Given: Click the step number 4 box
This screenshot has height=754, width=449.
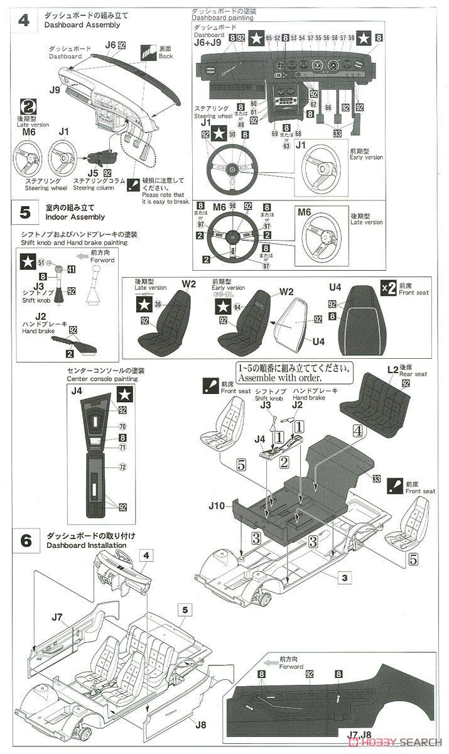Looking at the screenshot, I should (x=24, y=19).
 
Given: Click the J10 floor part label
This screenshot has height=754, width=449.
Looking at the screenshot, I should (x=224, y=504).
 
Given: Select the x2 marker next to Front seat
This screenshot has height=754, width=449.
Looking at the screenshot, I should (x=389, y=288).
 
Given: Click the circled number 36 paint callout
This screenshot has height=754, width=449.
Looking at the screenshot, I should (x=158, y=304).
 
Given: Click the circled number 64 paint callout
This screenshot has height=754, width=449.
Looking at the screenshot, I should (x=237, y=307).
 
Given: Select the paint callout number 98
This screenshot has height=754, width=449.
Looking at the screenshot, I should (x=232, y=205).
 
